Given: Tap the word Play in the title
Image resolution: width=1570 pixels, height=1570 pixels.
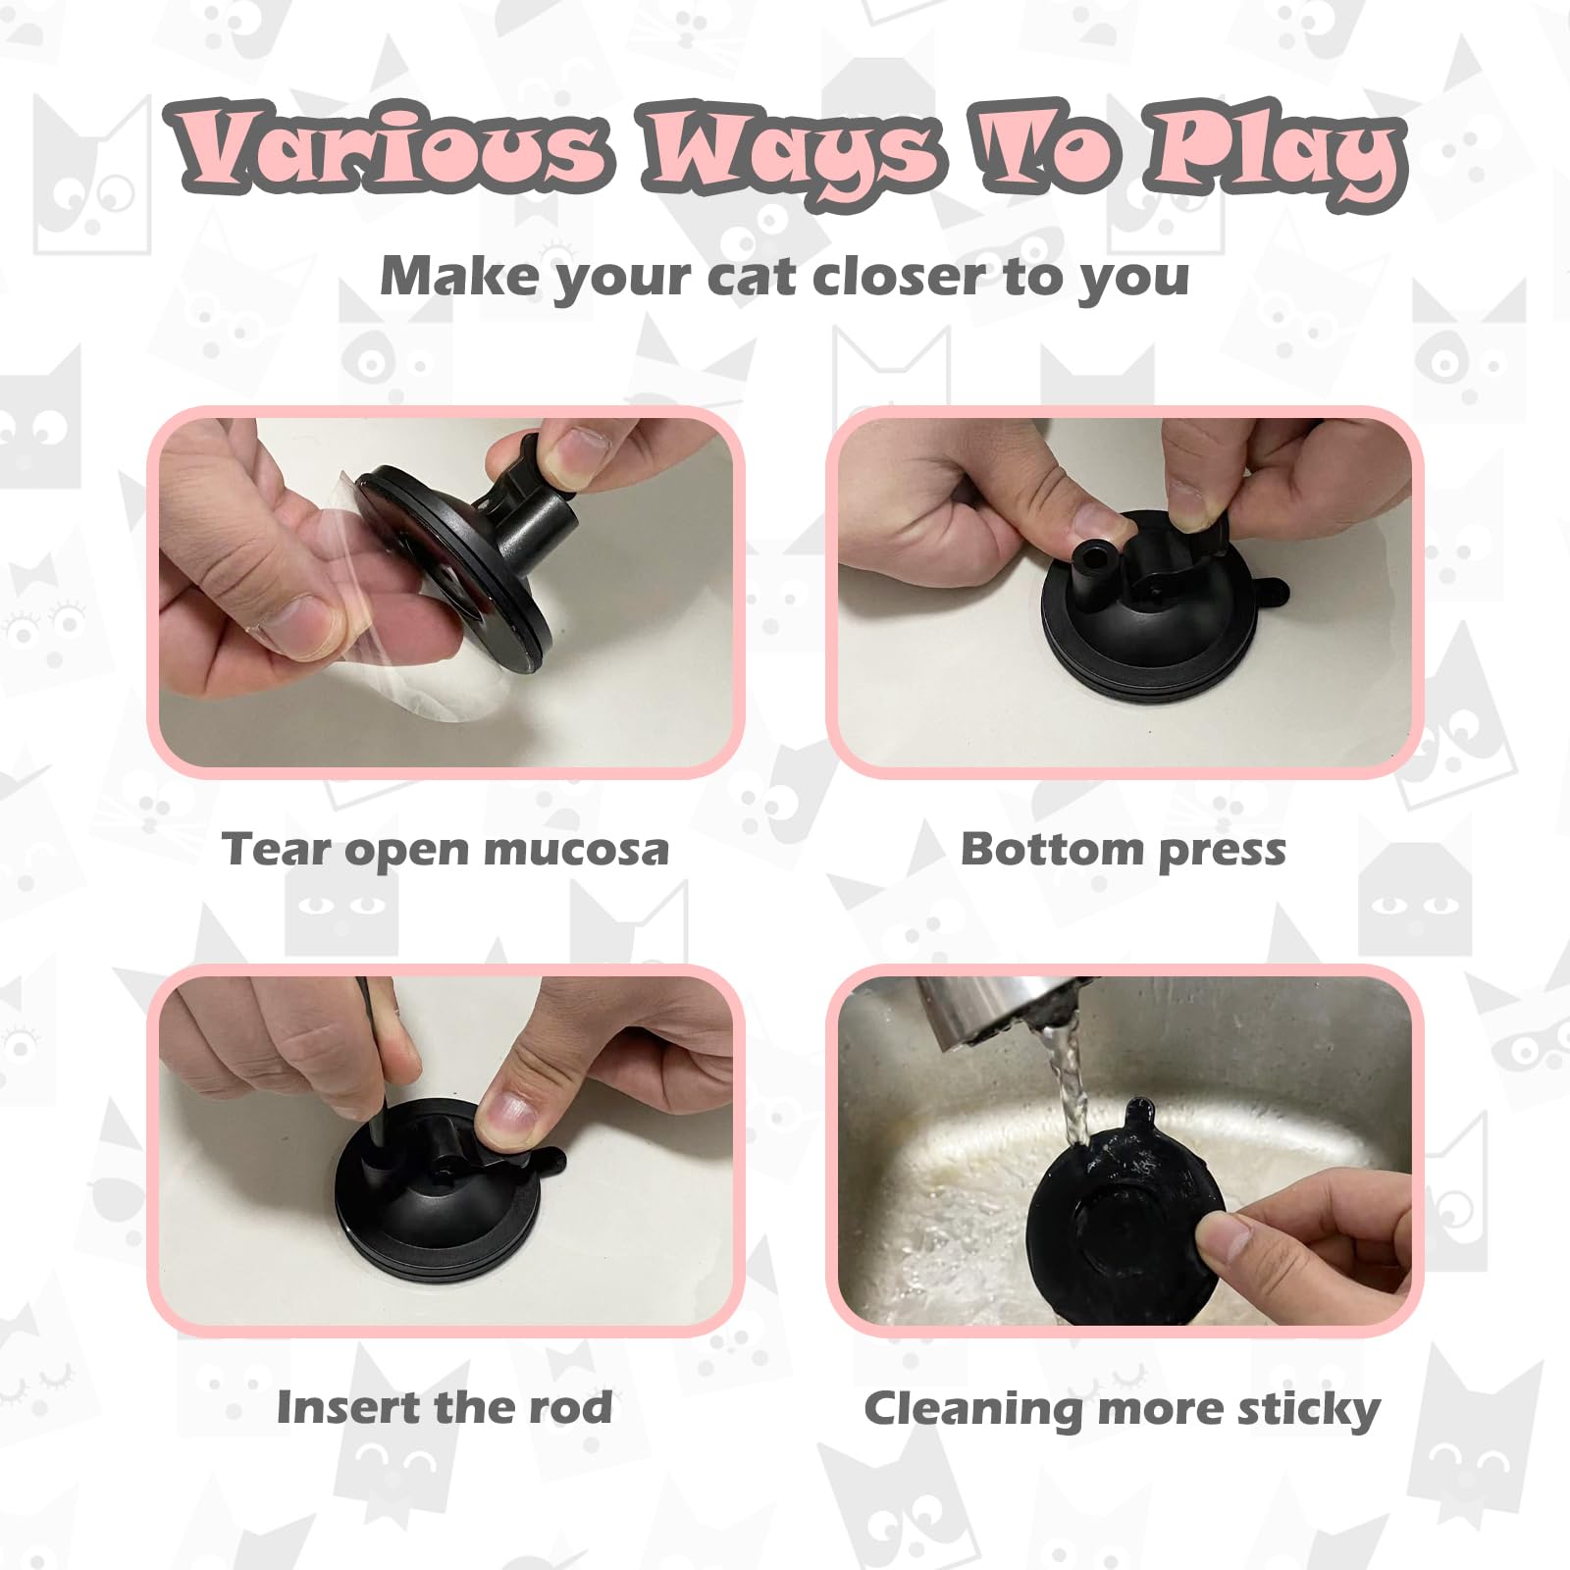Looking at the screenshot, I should tap(1276, 152).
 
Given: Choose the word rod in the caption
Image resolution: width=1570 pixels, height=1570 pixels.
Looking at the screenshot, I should tap(570, 1407).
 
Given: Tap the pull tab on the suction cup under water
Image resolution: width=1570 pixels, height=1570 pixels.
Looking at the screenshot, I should tap(1138, 1114).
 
